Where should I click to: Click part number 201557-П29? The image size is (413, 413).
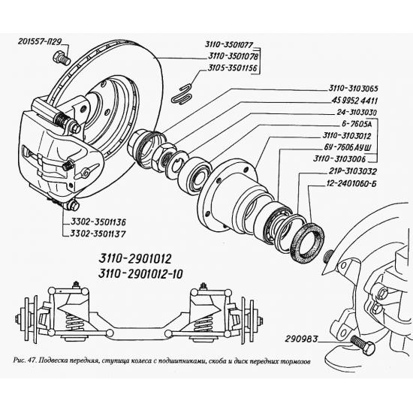[x=40, y=41]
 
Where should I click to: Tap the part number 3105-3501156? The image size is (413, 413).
[x=232, y=68]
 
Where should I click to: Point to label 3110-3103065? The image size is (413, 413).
[x=353, y=89]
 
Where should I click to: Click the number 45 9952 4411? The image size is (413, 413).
[x=354, y=101]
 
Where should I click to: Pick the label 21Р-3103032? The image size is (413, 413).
[x=352, y=171]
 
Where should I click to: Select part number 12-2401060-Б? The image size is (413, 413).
[x=351, y=183]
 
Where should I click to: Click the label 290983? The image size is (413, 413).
[x=301, y=339]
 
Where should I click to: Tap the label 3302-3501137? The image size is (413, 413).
[x=98, y=234]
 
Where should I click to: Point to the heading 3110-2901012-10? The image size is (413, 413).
[x=140, y=274]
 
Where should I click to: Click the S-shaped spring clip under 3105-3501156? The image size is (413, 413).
[x=182, y=94]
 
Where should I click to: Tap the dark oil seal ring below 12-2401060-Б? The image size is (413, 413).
[x=307, y=241]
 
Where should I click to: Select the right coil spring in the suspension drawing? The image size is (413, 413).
[x=202, y=323]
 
